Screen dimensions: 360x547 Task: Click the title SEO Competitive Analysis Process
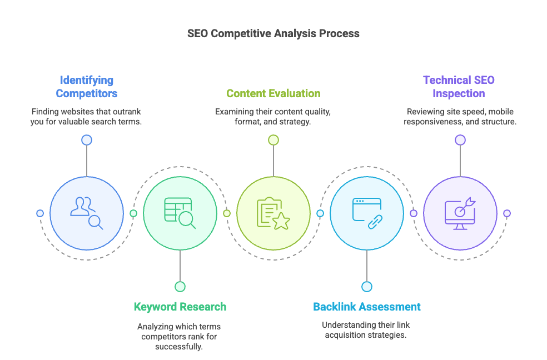point(273,33)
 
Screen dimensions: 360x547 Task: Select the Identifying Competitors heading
point(86,87)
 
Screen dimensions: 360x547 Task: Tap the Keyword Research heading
point(180,307)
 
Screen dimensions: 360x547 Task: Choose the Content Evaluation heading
point(273,93)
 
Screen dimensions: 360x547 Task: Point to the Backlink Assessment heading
point(366,307)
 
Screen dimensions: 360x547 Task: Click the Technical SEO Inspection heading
point(459,87)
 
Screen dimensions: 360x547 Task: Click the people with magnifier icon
point(87,213)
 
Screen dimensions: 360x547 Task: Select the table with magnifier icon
point(180,213)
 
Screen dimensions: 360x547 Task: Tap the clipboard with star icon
point(273,213)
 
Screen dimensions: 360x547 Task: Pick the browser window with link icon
point(366,213)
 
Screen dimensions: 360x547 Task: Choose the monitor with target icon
point(460,213)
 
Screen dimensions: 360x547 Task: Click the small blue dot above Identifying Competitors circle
point(87,140)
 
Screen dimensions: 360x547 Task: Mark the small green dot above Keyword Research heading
point(180,287)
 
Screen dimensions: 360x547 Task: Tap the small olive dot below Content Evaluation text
point(273,140)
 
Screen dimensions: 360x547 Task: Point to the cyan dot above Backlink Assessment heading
point(366,287)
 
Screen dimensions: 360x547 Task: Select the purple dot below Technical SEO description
point(460,140)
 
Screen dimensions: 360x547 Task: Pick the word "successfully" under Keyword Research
point(180,347)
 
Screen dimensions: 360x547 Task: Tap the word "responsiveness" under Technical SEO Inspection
point(432,122)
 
